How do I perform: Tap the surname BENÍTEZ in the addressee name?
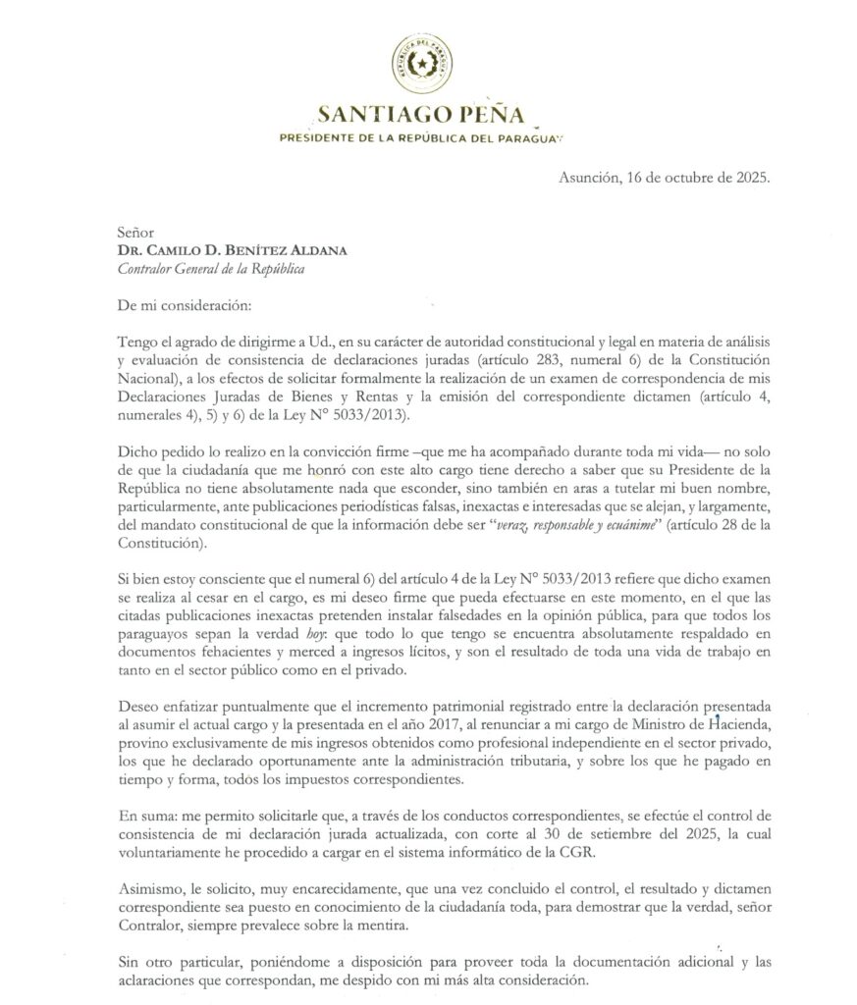click(260, 250)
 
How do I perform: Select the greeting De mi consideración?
click(176, 304)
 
